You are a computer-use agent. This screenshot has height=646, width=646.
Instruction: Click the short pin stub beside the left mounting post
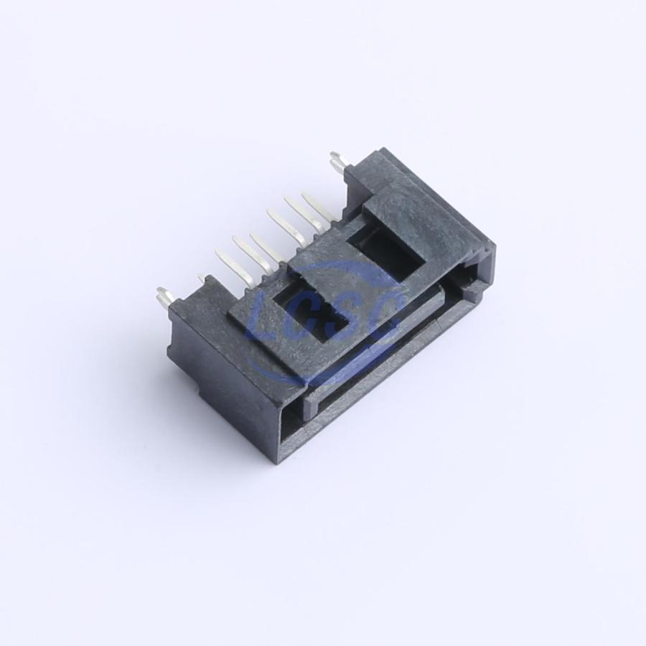click(202, 279)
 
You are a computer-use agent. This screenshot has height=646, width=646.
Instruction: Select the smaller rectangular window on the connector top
click(310, 312)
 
